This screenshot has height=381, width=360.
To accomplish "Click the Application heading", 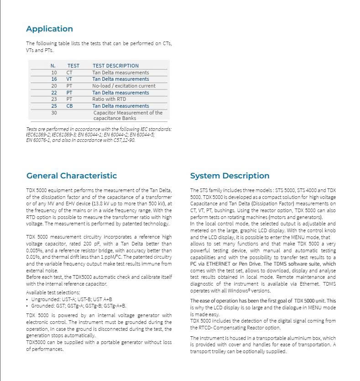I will click(x=49, y=29).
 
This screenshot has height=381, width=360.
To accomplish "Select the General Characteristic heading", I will click(x=71, y=176).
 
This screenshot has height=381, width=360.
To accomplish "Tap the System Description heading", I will click(x=230, y=176).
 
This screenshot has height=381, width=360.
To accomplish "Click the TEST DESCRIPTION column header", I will click(x=115, y=66).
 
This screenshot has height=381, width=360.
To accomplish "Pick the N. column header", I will click(x=53, y=66).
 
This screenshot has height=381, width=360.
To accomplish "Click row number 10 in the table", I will click(x=54, y=73).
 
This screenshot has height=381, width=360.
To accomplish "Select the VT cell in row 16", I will click(x=69, y=79).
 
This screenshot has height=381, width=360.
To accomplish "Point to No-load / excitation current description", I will click(x=124, y=86).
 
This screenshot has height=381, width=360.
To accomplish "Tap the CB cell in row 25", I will click(x=69, y=106).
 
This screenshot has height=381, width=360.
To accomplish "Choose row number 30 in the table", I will click(x=54, y=113).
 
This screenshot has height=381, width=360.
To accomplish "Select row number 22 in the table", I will click(x=54, y=93).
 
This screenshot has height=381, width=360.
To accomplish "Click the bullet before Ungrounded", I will click(x=27, y=299).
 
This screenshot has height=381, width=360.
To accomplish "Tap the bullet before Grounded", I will click(x=27, y=306).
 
